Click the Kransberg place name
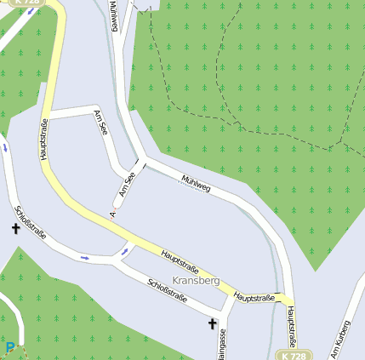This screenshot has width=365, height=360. (x=196, y=280)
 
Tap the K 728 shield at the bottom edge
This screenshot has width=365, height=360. (x=292, y=356)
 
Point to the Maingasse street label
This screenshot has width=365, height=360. (x=223, y=345)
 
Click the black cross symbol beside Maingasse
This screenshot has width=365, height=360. (x=212, y=323)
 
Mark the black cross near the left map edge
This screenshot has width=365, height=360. (x=15, y=229)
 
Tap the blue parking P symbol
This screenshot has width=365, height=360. (x=10, y=347)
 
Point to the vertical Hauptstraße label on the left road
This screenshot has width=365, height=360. (x=43, y=139)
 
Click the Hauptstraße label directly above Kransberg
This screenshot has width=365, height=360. (x=180, y=259)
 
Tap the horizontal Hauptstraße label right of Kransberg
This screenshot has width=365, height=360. (x=254, y=297)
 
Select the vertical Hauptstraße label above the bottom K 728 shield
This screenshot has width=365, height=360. (x=290, y=328)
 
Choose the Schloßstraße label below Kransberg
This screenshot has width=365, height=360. (x=167, y=291)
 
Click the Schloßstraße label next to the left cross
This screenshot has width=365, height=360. (x=31, y=222)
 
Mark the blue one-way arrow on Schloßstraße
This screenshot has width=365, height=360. (x=83, y=255)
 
